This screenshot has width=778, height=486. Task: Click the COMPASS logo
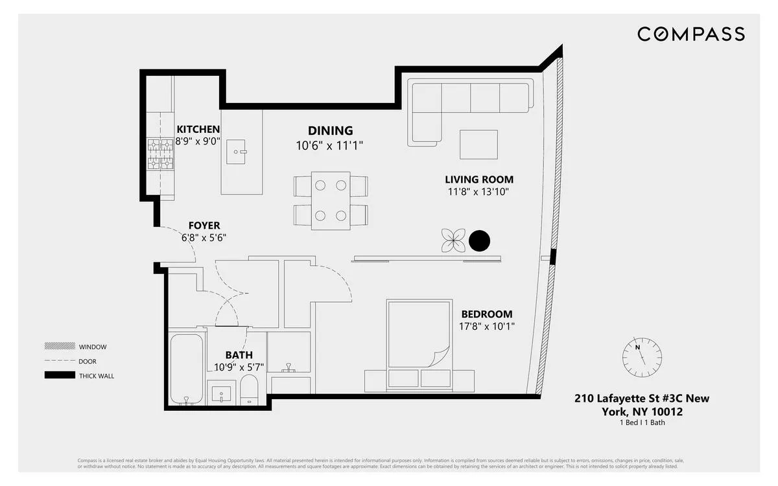coord(690,34)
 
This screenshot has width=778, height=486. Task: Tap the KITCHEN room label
coord(198,130)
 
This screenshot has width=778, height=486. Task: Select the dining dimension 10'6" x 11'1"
coord(330,146)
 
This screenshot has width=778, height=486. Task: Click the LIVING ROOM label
coord(479,179)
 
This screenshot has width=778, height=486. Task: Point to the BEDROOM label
coord(486,314)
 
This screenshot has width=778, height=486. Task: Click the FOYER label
coord(204,226)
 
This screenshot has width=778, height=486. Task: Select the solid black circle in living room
coord(479,241)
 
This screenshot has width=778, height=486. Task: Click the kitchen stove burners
coord(160,155)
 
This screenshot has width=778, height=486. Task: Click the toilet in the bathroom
coord(249,390)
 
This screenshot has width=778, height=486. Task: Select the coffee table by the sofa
coord(478,145)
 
